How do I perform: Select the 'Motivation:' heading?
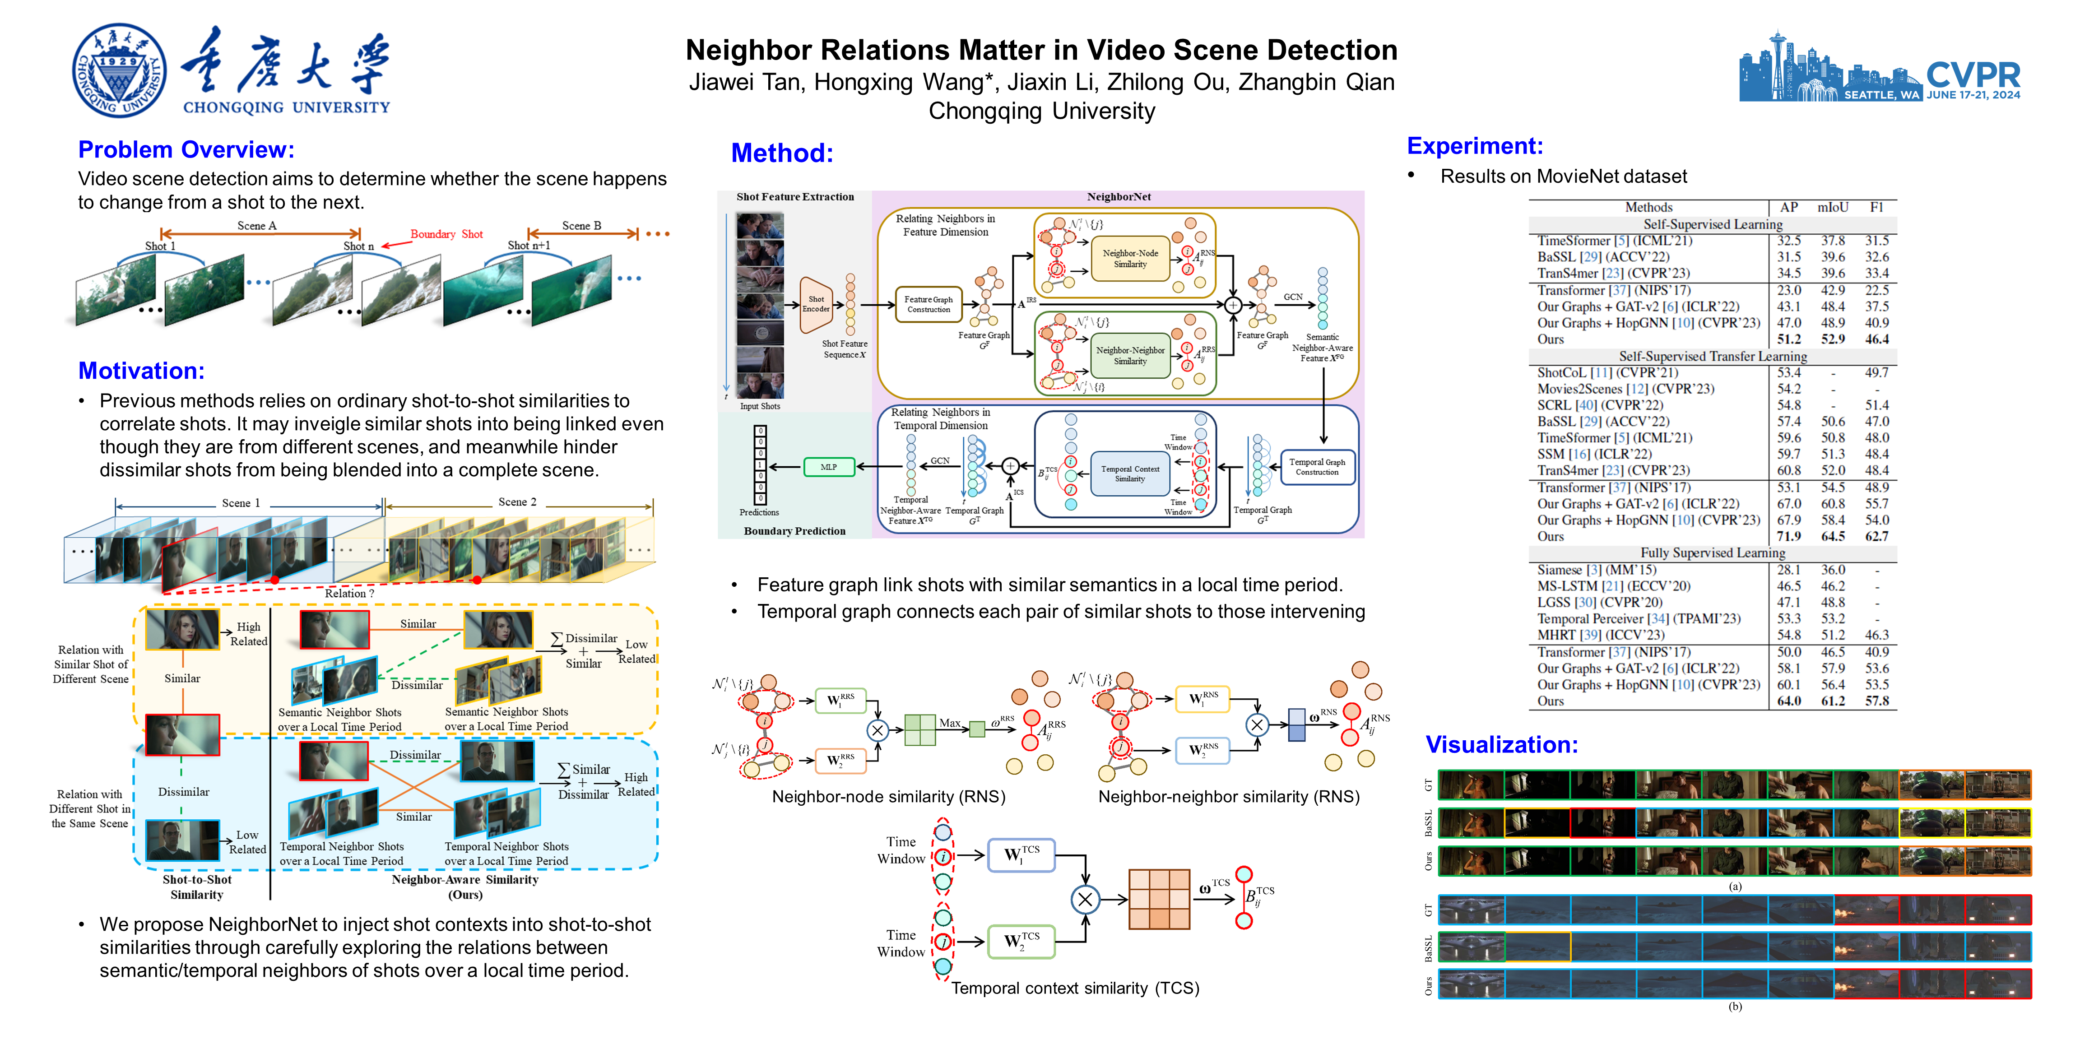[x=141, y=371]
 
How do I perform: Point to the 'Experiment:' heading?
[x=1474, y=146]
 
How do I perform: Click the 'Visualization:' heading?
[x=1501, y=744]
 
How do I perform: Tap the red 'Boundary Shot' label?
[x=446, y=234]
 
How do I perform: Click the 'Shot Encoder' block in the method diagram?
[x=816, y=304]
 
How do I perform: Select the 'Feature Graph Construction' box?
[x=929, y=304]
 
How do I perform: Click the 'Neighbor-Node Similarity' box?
[x=1130, y=258]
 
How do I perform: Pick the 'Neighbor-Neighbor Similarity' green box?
[x=1130, y=355]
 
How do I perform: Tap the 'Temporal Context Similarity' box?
[x=1130, y=474]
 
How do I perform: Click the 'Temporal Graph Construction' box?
[x=1317, y=467]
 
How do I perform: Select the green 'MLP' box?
[x=828, y=467]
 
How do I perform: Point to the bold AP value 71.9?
[x=1788, y=536]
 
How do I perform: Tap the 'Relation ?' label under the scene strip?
[x=349, y=594]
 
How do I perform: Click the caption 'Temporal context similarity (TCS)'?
[x=1075, y=989]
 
